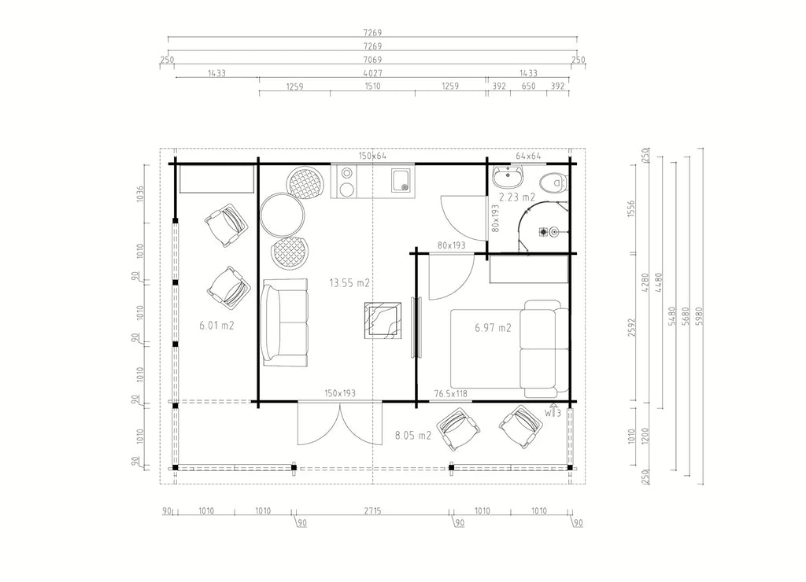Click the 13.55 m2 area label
pos(349,283)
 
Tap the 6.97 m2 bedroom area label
pos(493,328)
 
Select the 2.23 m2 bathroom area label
pos(517,197)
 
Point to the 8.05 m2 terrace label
pos(412,436)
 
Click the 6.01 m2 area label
pos(217,325)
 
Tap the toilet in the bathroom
pos(553,182)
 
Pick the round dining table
pos(282,215)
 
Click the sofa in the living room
pos(285,322)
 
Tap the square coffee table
pos(383,320)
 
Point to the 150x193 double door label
pos(340,393)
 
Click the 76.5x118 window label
pos(451,393)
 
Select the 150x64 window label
pos(372,156)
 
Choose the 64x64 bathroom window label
pos(528,156)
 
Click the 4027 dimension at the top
pos(372,73)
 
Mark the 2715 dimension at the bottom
pos(372,510)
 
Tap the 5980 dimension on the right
pos(698,316)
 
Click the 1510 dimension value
pos(372,87)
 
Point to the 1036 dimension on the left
pos(140,193)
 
